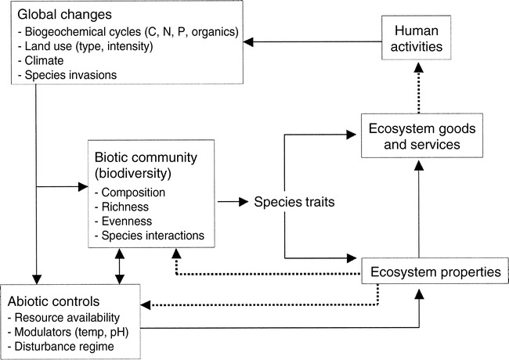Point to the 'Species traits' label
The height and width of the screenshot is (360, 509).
point(293,201)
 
